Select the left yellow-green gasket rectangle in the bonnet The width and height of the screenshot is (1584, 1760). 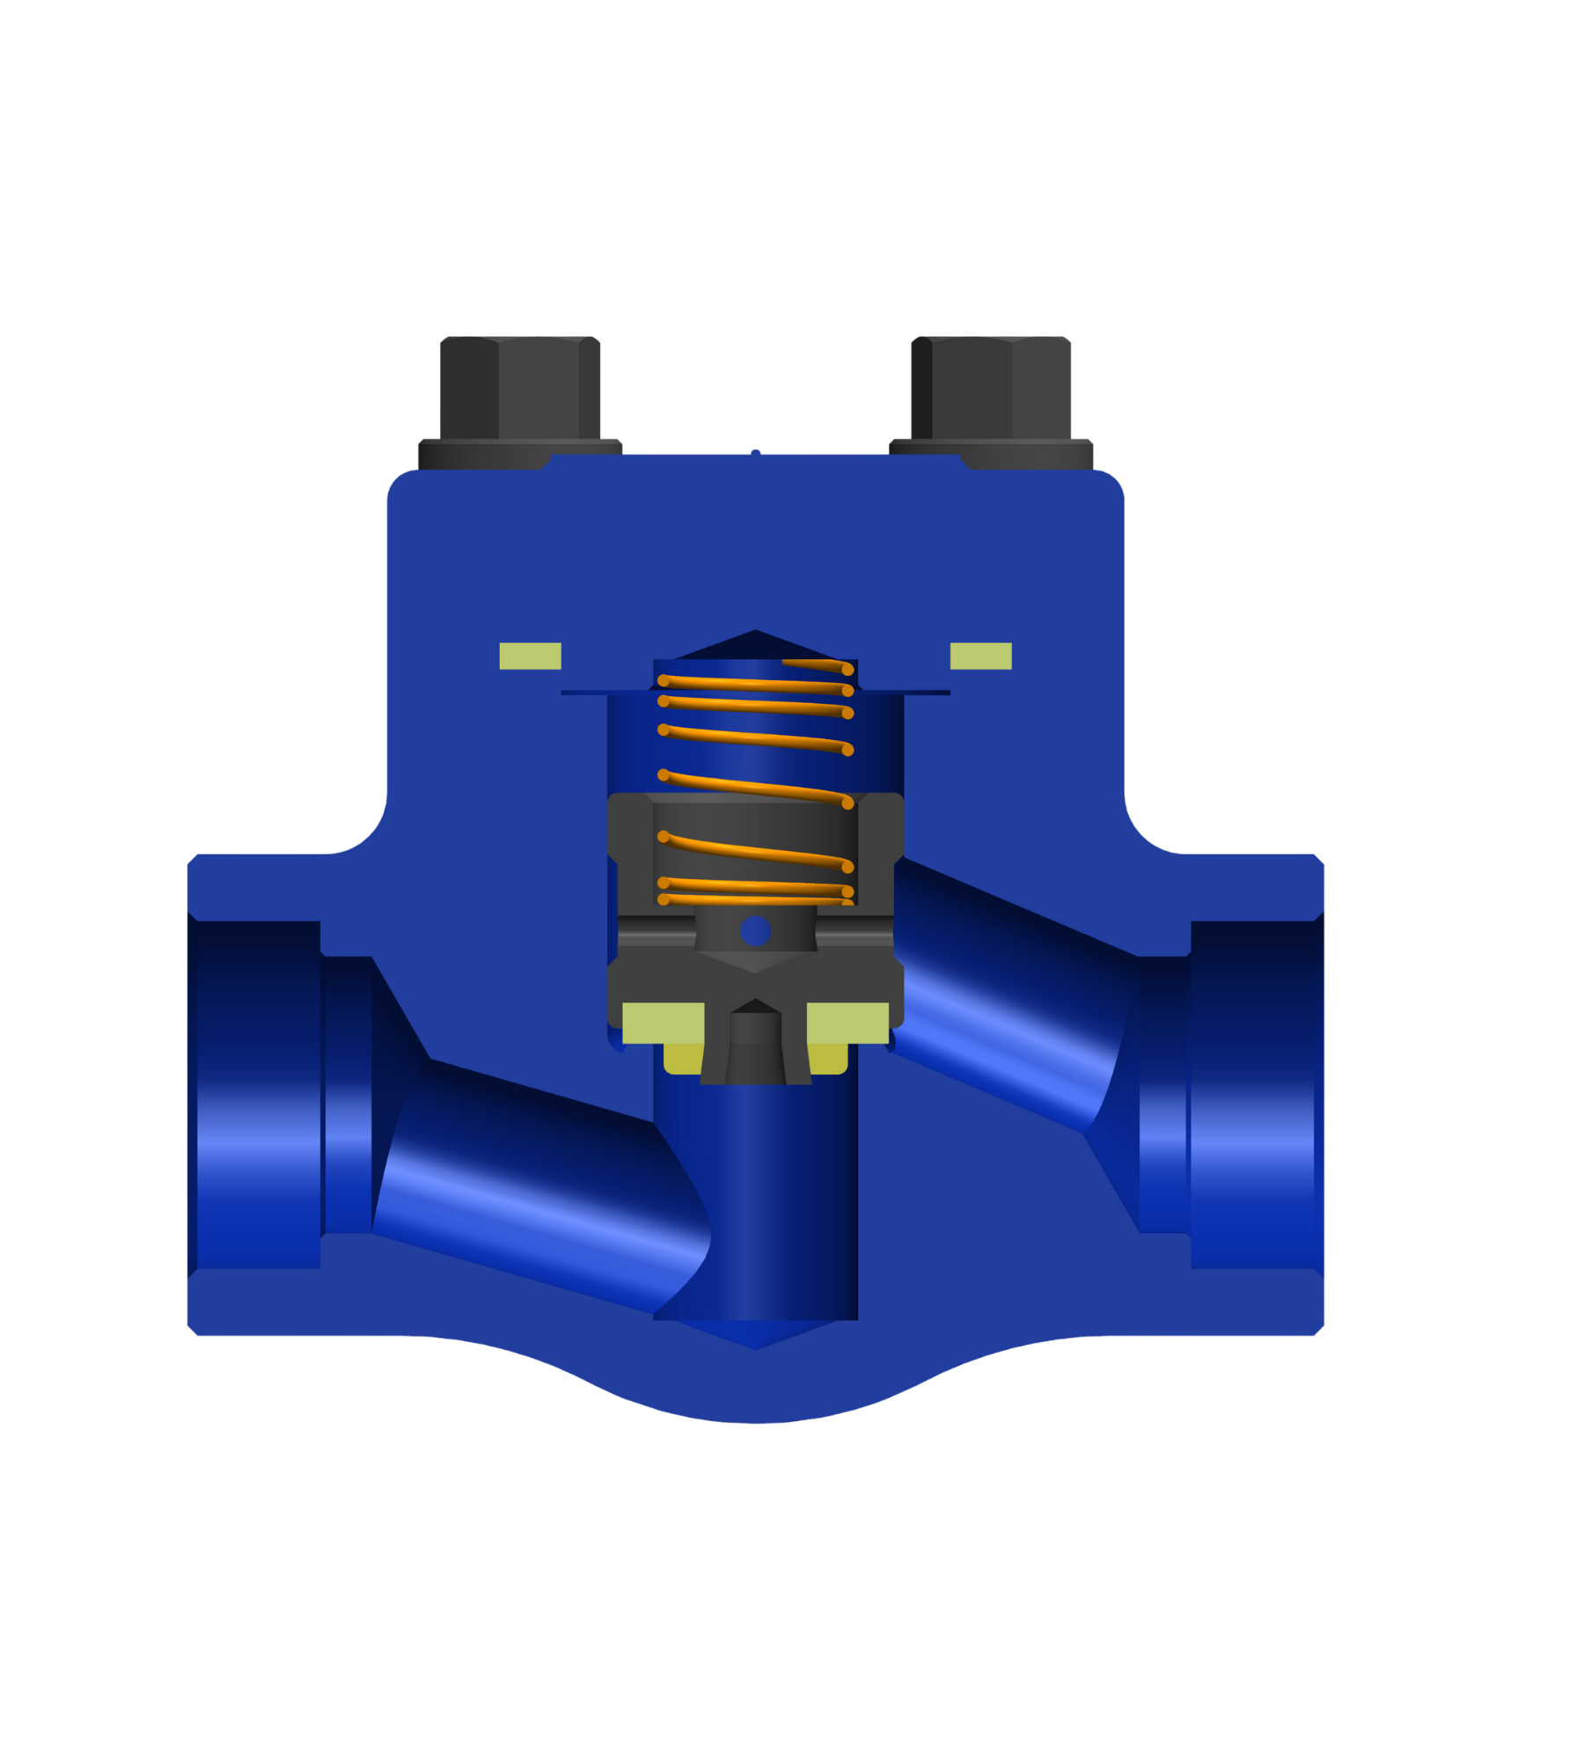click(x=530, y=656)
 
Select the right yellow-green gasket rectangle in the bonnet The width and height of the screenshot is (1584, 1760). click(x=980, y=656)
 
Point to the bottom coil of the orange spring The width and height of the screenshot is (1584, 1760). click(x=755, y=899)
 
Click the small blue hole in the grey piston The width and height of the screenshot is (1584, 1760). click(x=755, y=931)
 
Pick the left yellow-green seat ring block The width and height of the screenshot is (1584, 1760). click(x=663, y=1023)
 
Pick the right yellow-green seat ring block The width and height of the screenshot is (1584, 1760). click(x=847, y=1023)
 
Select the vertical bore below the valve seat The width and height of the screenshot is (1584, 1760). click(x=755, y=1206)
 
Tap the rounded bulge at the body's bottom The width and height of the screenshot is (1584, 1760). click(x=755, y=1390)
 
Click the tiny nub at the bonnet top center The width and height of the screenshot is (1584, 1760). click(x=755, y=451)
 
